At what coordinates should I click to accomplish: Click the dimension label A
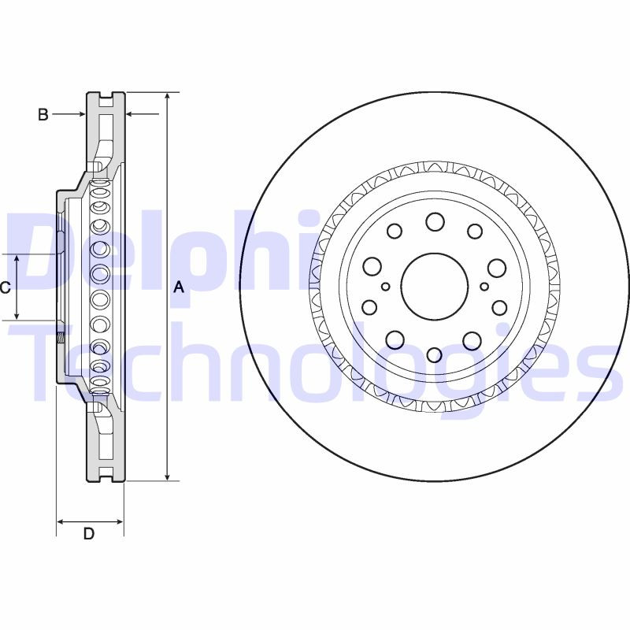(x=179, y=288)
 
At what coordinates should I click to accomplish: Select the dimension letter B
(x=43, y=115)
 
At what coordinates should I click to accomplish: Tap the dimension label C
(x=5, y=288)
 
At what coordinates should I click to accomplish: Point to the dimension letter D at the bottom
(x=89, y=534)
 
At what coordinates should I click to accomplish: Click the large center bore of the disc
(x=434, y=287)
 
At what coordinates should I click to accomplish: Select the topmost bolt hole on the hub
(x=435, y=221)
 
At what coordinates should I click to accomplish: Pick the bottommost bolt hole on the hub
(x=434, y=354)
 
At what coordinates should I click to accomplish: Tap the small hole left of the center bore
(x=385, y=287)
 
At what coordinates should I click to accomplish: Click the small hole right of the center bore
(x=484, y=287)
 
